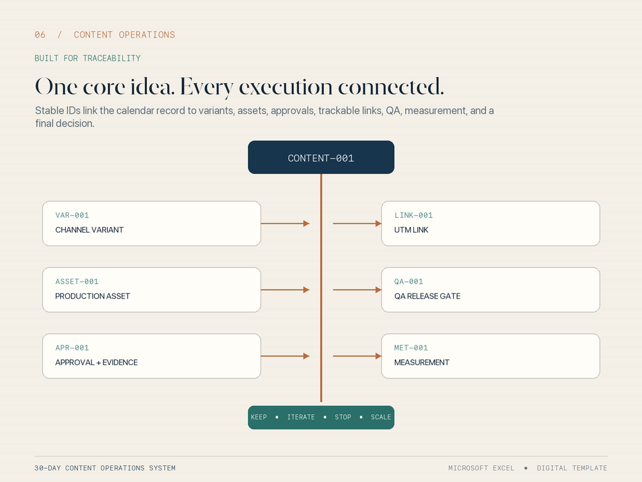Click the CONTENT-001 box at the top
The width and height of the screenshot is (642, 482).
coord(321,157)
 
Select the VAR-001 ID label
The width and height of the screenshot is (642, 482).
coord(72,215)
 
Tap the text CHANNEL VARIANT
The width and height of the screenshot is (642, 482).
coord(89,230)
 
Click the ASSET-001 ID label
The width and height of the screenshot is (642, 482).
coord(77,281)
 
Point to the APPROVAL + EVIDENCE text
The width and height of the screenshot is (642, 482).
coord(96,362)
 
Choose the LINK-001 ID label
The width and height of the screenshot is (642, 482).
coord(413,215)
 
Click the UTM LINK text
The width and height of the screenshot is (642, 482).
coord(411,230)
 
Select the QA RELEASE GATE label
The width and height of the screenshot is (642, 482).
coord(427,296)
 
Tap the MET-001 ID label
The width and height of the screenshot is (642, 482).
coord(411,348)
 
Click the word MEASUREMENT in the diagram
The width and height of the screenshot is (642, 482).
coord(422,362)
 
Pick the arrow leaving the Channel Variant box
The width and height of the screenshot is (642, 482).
coord(285,223)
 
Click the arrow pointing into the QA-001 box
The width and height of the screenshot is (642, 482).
coord(357,290)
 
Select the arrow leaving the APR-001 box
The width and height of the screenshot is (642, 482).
coord(285,356)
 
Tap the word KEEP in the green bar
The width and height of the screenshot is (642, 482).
coord(259,417)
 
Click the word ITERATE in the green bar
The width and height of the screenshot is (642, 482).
coord(301,417)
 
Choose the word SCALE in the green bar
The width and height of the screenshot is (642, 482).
coord(381,417)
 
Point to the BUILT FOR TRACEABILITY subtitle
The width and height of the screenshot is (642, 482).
coord(88,58)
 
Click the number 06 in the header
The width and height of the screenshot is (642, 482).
coord(40,35)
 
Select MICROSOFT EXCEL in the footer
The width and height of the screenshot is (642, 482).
coord(481,468)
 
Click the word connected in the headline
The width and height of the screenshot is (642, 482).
coord(391,86)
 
